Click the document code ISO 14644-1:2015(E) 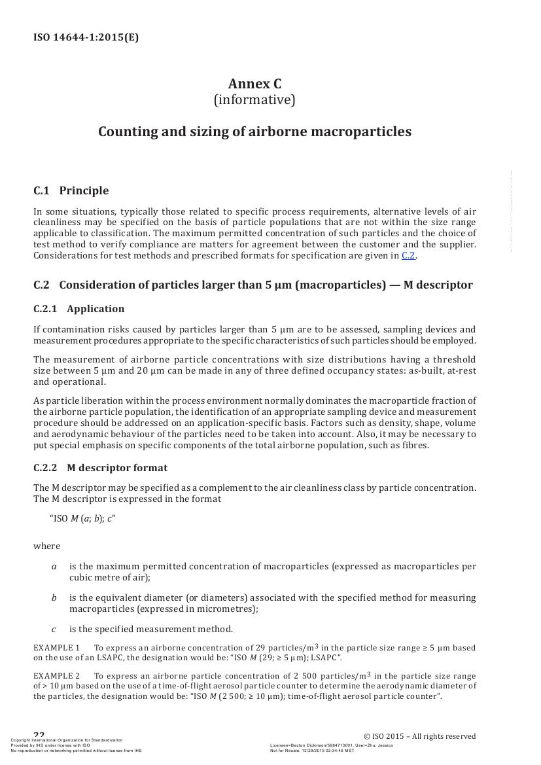(86, 37)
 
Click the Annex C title (254, 84)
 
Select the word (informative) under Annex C (254, 100)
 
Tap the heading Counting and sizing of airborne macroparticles (254, 132)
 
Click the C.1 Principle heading (71, 191)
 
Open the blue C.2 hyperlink (408, 255)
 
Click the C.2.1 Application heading (79, 309)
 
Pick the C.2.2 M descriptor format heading (100, 468)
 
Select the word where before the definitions (46, 546)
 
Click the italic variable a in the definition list (54, 566)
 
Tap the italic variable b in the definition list (54, 597)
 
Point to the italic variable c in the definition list (54, 629)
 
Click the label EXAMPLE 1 (56, 648)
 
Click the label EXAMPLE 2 (56, 675)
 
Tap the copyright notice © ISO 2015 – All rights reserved (419, 736)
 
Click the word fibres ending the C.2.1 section (415, 446)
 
